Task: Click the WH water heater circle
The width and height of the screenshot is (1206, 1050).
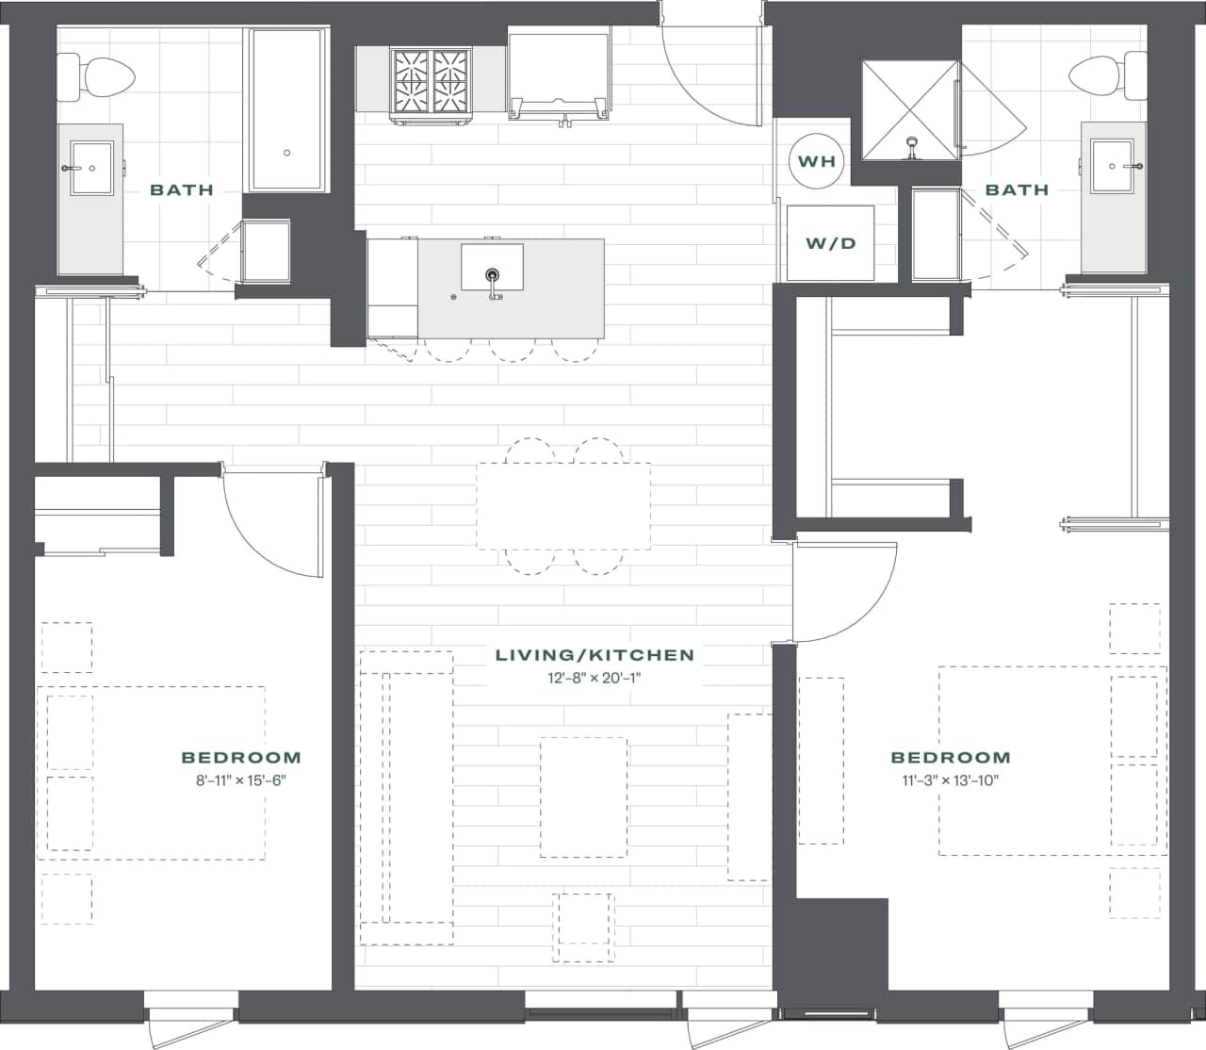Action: [816, 161]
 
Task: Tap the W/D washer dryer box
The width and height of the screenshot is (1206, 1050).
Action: [830, 243]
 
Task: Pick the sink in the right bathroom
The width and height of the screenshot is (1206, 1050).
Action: [1116, 167]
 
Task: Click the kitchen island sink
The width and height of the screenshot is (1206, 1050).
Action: [491, 268]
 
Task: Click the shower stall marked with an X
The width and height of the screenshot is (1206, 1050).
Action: [910, 109]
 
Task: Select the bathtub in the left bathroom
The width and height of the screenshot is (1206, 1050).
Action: [286, 109]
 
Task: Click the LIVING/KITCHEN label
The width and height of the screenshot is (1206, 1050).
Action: [595, 655]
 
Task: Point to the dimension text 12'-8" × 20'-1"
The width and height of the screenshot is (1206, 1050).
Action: [595, 678]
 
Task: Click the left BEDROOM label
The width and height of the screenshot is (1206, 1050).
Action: [241, 757]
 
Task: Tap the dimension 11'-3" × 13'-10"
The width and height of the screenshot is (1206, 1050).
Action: [950, 779]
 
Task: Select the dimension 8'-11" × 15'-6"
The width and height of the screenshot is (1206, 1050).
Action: [241, 779]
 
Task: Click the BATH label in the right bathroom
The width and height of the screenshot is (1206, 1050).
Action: [1017, 189]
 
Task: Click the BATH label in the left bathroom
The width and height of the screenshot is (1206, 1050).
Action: [182, 189]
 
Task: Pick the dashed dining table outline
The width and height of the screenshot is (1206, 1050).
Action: [563, 506]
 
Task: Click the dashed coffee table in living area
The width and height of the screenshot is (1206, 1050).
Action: [583, 797]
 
